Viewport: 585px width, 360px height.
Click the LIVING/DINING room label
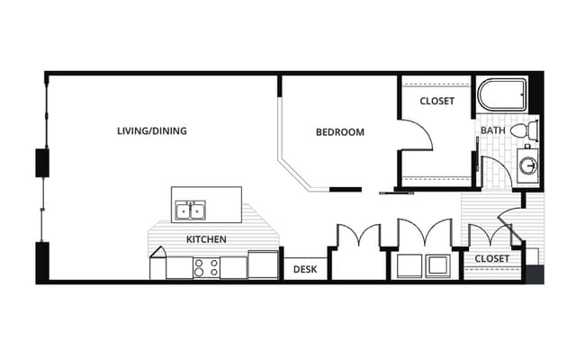(x=152, y=130)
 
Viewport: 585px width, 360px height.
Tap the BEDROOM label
(x=340, y=132)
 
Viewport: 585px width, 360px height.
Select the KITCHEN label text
(x=206, y=239)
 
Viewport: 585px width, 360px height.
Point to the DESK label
(x=305, y=269)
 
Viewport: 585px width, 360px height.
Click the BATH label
(x=493, y=130)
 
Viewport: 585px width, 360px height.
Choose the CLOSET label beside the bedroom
(x=436, y=101)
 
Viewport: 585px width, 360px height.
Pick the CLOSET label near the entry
(x=491, y=258)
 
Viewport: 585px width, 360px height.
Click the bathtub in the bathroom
(x=502, y=94)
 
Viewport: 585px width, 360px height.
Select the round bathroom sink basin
(x=528, y=166)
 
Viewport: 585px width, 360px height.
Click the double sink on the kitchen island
(x=191, y=211)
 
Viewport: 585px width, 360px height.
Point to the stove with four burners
(x=206, y=267)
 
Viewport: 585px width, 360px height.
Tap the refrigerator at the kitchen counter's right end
(x=263, y=265)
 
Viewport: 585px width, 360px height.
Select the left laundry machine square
(x=409, y=266)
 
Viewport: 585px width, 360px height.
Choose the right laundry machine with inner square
(x=438, y=266)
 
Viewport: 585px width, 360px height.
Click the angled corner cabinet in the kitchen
(x=157, y=263)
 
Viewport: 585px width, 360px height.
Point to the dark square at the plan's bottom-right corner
(x=535, y=274)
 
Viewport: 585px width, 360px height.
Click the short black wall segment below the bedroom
(x=346, y=190)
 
